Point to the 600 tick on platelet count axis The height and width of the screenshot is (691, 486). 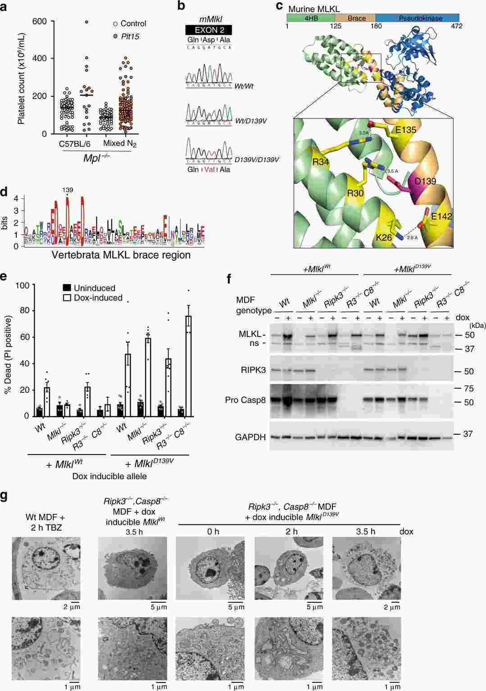click(x=39, y=22)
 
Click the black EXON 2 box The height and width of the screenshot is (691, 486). click(x=209, y=30)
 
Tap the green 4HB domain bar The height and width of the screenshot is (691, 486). click(x=310, y=18)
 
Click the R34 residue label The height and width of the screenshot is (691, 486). click(x=309, y=162)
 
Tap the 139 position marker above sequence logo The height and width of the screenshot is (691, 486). click(x=68, y=191)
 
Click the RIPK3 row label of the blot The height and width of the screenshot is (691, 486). click(x=250, y=371)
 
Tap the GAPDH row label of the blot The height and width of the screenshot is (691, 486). click(x=250, y=437)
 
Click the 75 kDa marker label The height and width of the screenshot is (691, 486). click(x=468, y=388)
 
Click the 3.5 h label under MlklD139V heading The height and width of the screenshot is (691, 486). click(x=365, y=532)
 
